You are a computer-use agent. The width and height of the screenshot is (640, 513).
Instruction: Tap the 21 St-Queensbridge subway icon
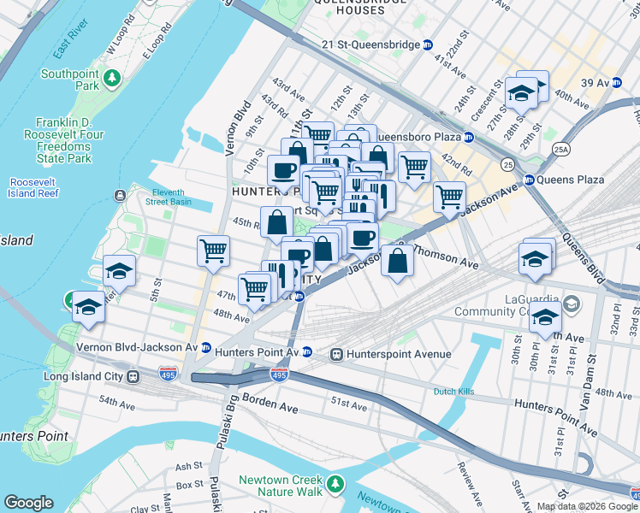tap(428, 44)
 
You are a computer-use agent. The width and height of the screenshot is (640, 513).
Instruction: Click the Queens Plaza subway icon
tap(529, 180)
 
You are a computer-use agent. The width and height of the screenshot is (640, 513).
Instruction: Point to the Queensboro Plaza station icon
tap(468, 137)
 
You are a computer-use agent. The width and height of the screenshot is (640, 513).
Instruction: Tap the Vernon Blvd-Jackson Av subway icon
tap(205, 348)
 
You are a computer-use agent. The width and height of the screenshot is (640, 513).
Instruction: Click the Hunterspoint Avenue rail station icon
tap(337, 353)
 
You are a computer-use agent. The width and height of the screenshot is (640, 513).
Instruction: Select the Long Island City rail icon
tap(133, 376)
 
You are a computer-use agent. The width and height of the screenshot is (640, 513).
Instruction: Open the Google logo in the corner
tap(28, 503)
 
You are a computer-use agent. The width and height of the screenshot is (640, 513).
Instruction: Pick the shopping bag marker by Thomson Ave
tap(398, 261)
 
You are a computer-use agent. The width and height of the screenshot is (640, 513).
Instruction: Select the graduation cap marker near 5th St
tap(119, 271)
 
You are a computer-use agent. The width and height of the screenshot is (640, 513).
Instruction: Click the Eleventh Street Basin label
tap(181, 196)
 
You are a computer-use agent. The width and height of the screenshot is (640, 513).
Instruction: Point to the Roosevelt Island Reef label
tap(34, 188)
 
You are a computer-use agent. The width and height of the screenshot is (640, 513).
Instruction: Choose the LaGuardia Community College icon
tap(571, 304)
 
